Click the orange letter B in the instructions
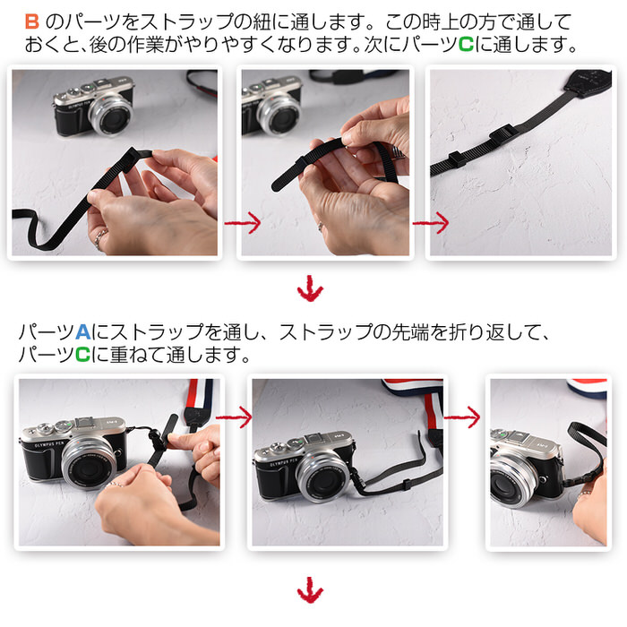coord(32,21)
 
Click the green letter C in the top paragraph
coord(466,45)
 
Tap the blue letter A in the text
coord(82,332)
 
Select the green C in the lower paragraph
coord(82,355)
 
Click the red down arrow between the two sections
coord(310,288)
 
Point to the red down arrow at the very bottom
coord(310,589)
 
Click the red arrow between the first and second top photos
coord(243,223)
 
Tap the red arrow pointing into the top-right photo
coord(431,223)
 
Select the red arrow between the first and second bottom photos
coord(234,417)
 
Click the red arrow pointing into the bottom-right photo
coord(462,417)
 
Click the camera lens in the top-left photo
coord(111,115)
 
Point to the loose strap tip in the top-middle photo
coord(277,185)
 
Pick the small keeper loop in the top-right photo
coord(456,159)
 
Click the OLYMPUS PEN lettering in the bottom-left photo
coord(49,444)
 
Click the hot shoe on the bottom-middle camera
coord(317,438)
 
